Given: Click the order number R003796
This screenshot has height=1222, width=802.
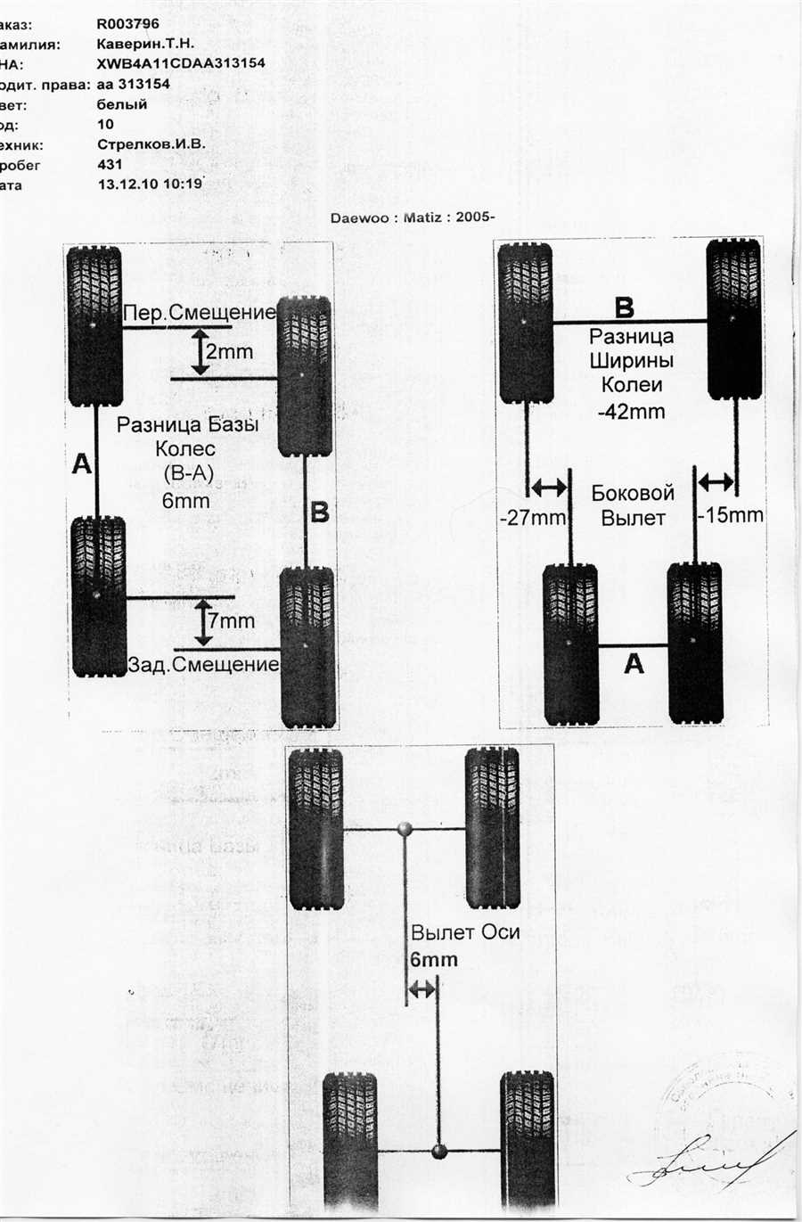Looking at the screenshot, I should point(127,24).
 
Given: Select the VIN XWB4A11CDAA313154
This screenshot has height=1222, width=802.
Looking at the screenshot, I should point(180,63).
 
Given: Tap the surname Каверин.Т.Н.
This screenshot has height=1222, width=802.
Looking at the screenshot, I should point(145,44).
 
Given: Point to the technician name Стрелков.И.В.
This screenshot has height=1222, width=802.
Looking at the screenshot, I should point(151,144).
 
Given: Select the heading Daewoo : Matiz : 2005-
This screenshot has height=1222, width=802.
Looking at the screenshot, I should point(413,217).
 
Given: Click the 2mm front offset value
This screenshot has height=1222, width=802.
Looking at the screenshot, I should point(229,352).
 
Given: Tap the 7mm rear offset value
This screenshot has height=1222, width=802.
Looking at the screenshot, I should point(231,620).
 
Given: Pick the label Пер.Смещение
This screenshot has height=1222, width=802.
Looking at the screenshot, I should point(200,312).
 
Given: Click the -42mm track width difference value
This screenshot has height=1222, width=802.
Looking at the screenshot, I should point(631,412).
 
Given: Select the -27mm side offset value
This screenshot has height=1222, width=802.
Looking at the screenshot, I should point(533,517).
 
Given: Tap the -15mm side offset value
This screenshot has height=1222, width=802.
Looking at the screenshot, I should point(731,515).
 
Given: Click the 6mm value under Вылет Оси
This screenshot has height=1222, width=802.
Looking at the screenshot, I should point(434,960).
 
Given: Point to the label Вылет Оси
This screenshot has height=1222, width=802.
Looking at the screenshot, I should point(464,933).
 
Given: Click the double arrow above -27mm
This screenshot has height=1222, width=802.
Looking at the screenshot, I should point(547,488).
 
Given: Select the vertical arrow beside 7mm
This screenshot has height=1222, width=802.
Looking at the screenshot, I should point(204,621).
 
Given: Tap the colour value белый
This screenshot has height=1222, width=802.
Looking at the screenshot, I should point(122,104).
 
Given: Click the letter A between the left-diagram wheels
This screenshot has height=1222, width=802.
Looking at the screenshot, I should point(82,463).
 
